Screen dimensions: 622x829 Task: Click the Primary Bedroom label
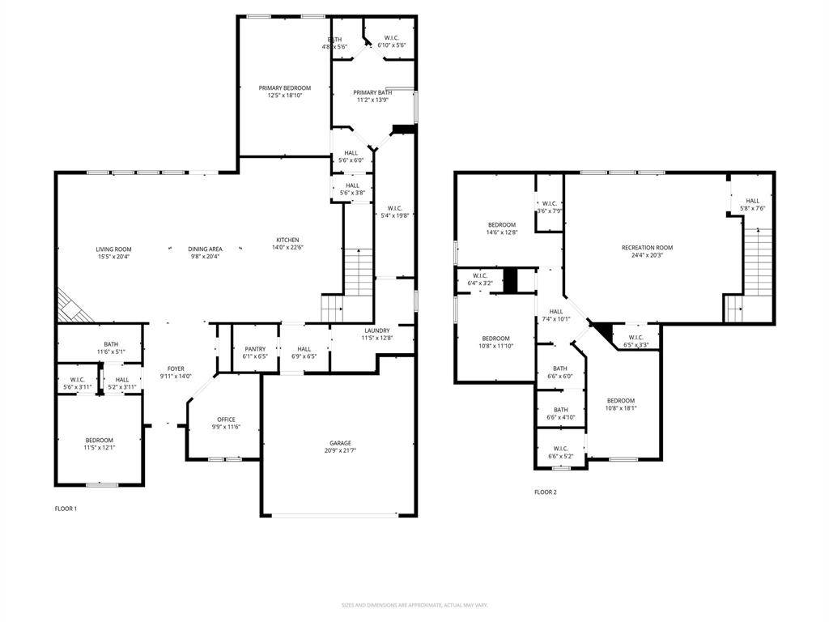(x=280, y=87)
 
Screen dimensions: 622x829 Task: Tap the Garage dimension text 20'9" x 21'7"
(x=340, y=450)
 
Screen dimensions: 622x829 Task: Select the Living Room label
(x=113, y=249)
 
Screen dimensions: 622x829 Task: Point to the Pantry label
(x=255, y=349)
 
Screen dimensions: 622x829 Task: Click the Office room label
(x=226, y=420)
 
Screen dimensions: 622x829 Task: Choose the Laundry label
(x=376, y=330)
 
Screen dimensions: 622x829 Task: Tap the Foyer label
(x=176, y=369)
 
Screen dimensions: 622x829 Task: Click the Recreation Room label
(x=647, y=248)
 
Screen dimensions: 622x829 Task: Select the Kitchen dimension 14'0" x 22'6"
(x=287, y=249)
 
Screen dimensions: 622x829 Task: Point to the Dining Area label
(x=205, y=249)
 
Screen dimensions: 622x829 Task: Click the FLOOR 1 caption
(x=65, y=509)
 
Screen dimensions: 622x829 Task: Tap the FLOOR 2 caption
(x=545, y=492)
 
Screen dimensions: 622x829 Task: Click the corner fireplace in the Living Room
(x=71, y=308)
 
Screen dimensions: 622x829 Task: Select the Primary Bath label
(x=372, y=92)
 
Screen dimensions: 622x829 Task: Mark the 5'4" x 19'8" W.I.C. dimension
(x=397, y=216)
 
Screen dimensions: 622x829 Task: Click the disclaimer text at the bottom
(x=414, y=605)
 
